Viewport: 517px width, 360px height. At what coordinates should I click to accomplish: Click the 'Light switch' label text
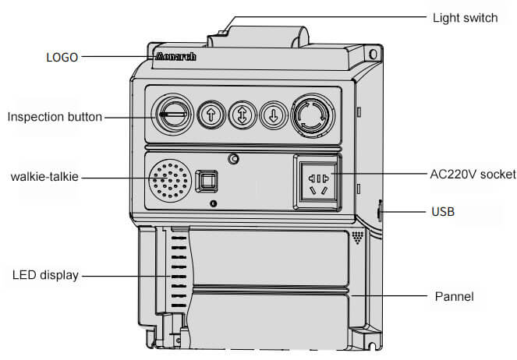tap(465, 18)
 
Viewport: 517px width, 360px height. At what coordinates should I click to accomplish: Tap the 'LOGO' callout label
tap(62, 58)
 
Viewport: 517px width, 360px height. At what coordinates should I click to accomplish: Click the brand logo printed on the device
tap(175, 56)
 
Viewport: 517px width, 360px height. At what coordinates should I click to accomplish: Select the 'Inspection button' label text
tap(55, 117)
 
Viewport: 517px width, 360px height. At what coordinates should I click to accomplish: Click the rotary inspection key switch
tap(174, 115)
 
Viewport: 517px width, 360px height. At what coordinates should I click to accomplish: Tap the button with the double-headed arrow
tap(243, 115)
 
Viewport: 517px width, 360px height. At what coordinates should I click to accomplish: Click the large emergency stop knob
tap(313, 115)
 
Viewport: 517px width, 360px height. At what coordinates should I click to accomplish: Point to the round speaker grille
tap(170, 181)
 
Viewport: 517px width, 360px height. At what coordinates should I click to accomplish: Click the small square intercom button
tap(207, 181)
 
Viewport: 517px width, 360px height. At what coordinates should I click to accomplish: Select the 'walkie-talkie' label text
tap(44, 177)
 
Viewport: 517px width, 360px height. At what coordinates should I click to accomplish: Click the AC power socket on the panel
tap(318, 182)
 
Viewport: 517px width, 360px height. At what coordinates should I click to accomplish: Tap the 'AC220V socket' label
tap(473, 175)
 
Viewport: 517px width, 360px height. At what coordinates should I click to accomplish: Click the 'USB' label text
tap(443, 212)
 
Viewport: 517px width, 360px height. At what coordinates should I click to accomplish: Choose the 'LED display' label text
tap(45, 275)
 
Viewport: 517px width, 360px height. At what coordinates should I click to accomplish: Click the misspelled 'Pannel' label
tap(454, 296)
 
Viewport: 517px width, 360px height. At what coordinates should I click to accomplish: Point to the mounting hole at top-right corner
tap(374, 55)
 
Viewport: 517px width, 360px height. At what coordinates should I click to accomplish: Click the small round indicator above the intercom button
tap(233, 159)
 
